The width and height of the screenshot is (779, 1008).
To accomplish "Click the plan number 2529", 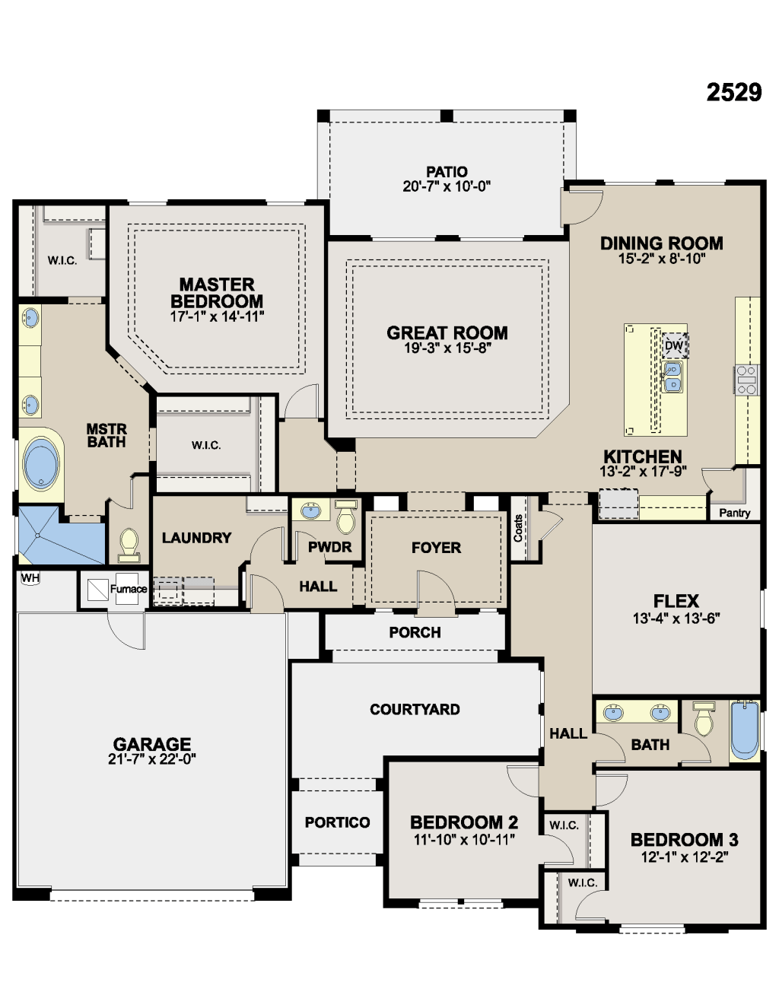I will point(733,92).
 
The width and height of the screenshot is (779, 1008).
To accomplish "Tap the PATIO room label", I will point(447,172).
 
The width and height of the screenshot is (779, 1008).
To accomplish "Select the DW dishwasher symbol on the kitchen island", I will point(674,345).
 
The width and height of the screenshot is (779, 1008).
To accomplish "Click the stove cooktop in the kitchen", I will point(746,380).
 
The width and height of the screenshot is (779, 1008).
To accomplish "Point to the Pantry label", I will point(734,513).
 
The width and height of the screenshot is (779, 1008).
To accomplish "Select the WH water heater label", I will point(30,578).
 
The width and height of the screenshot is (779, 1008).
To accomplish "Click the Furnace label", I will point(128,589).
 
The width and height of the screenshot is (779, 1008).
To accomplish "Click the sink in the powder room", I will point(310,510).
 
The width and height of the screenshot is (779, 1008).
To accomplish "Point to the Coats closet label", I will point(519,528).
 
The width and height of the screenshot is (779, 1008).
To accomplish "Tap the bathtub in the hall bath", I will point(745,730).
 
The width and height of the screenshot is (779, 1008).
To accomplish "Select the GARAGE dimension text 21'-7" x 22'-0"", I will point(152,758).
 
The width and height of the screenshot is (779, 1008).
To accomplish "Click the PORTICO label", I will point(337,822).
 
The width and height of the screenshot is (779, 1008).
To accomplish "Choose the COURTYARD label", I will point(415,709).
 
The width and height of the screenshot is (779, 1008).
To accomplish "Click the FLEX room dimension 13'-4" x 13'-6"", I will point(676,618).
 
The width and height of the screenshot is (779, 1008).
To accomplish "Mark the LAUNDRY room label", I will point(196,538).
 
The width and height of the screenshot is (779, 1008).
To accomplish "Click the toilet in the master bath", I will point(129,542).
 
